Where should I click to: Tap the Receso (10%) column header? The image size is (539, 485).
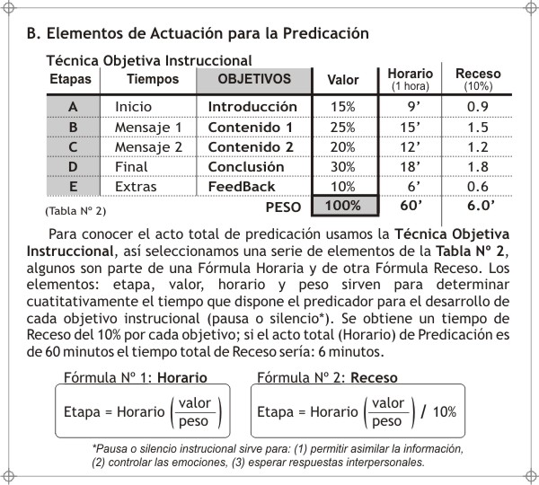pyautogui.click(x=473, y=79)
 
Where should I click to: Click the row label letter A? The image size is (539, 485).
pyautogui.click(x=73, y=106)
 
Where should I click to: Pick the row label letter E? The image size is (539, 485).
pyautogui.click(x=73, y=187)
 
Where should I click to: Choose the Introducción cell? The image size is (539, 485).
pyautogui.click(x=252, y=106)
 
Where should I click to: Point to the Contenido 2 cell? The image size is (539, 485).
pyautogui.click(x=251, y=146)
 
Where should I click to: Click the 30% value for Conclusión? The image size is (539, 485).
pyautogui.click(x=342, y=166)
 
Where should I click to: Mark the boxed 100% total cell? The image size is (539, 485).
pyautogui.click(x=342, y=206)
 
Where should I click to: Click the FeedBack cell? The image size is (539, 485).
pyautogui.click(x=242, y=187)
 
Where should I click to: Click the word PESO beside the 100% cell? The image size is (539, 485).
pyautogui.click(x=283, y=207)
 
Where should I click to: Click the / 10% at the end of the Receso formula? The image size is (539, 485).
pyautogui.click(x=437, y=412)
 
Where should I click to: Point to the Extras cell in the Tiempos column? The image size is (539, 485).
pyautogui.click(x=136, y=187)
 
